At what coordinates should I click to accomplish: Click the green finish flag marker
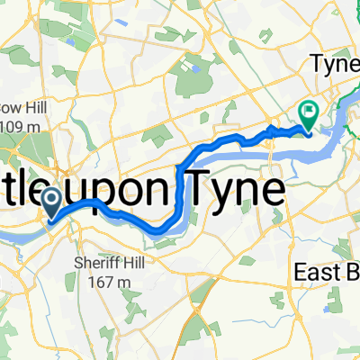(308, 114)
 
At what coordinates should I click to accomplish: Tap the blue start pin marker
(50, 200)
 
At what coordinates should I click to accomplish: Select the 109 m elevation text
(16, 125)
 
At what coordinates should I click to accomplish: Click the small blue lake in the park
(190, 67)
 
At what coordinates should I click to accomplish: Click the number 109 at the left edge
(10, 125)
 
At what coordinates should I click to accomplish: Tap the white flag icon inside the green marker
(308, 112)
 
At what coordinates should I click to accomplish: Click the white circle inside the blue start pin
(50, 196)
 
